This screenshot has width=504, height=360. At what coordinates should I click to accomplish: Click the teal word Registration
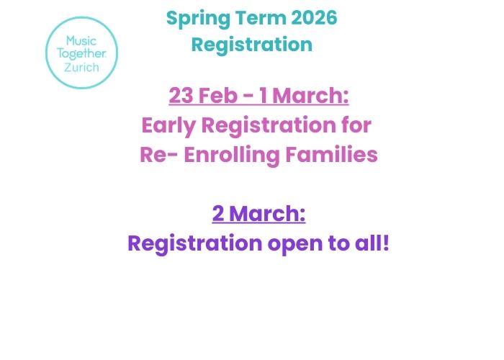click(252, 45)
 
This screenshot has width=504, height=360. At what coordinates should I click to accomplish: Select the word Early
click(169, 125)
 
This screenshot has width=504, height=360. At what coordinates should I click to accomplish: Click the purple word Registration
click(194, 243)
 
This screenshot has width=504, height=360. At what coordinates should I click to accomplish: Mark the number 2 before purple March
click(218, 214)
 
